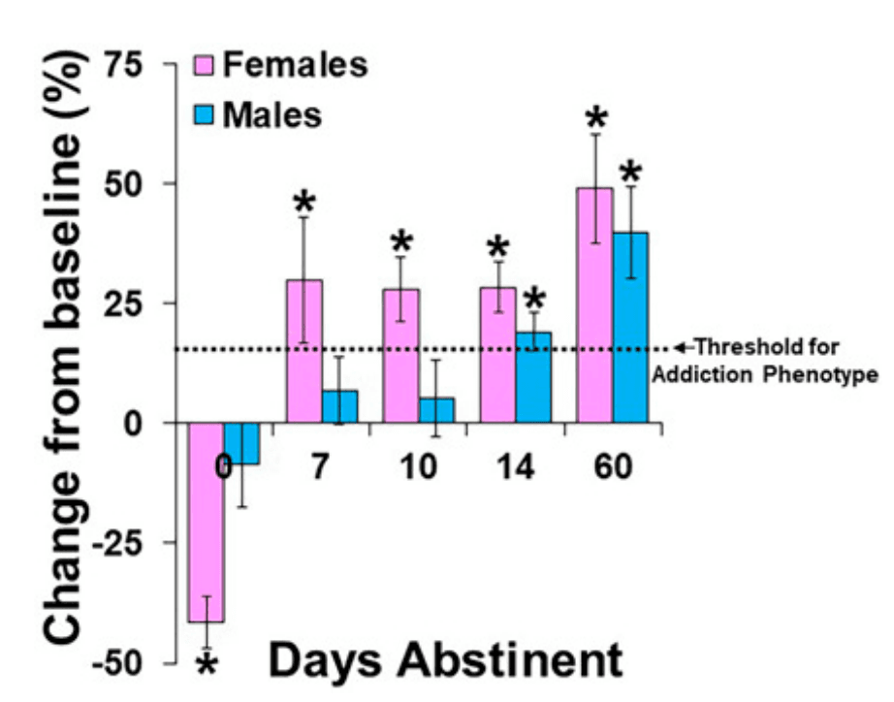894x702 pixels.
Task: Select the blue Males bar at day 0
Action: (x=242, y=444)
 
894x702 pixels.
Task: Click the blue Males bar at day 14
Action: (x=533, y=377)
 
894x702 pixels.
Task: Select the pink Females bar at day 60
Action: (x=594, y=305)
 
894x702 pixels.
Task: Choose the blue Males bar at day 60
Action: (x=630, y=328)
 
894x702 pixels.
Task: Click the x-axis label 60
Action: (x=613, y=466)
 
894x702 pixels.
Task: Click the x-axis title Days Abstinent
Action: (x=445, y=661)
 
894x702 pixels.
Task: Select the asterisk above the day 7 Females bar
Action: (x=304, y=203)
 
